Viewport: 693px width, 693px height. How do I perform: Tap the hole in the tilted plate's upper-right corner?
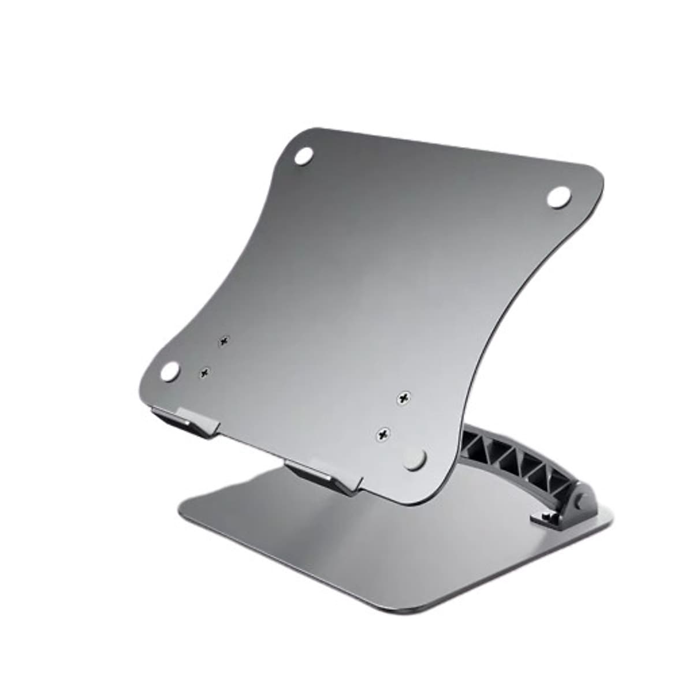coord(558,196)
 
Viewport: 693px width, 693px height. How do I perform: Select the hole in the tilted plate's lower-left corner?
coord(170,371)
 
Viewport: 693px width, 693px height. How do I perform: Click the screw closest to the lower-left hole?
coord(204,374)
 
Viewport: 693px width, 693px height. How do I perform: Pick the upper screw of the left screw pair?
coord(223,342)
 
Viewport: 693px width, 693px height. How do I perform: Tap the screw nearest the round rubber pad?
coord(383,433)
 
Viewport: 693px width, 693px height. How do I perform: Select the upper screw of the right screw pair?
coord(404,398)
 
